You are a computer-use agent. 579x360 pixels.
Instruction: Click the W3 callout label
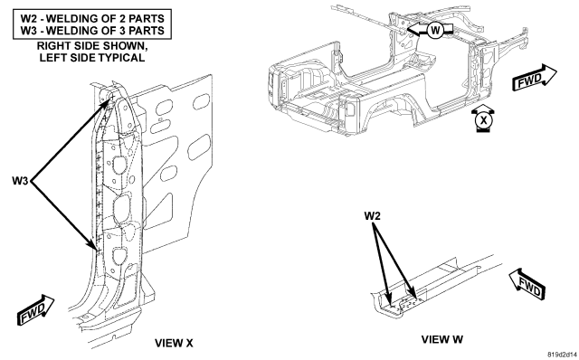(x=20, y=181)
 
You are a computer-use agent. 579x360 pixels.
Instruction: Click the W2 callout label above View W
(x=372, y=215)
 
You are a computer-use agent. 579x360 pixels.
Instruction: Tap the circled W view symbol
(x=435, y=30)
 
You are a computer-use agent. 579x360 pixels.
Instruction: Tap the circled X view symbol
(x=484, y=120)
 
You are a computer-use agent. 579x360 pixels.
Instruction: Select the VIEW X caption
(x=174, y=343)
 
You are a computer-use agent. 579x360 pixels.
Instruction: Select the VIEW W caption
(x=442, y=339)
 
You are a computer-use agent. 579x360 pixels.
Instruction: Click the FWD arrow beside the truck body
(x=534, y=78)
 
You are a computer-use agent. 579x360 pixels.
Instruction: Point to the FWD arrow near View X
(x=36, y=310)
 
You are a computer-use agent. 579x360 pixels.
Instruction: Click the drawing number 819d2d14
(x=562, y=354)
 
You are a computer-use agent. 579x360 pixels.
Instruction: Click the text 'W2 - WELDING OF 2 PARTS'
(x=92, y=18)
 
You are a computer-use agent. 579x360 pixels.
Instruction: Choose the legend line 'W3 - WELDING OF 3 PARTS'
(x=92, y=30)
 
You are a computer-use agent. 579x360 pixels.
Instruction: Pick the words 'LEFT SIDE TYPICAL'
(x=92, y=58)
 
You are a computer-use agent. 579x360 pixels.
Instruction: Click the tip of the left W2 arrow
(x=390, y=304)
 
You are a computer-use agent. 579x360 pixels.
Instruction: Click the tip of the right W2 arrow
(x=416, y=298)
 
